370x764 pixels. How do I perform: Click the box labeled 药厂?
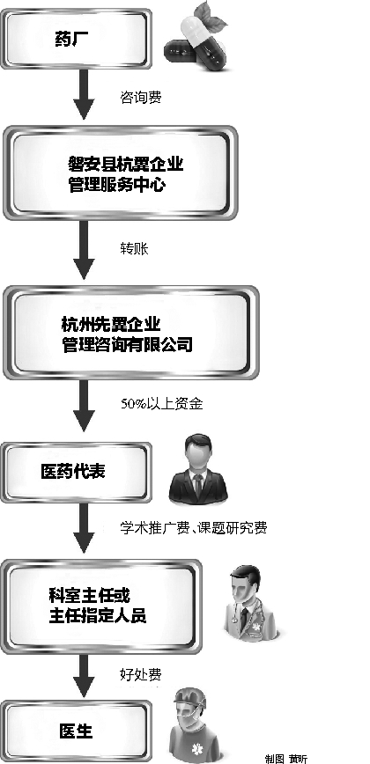(76, 39)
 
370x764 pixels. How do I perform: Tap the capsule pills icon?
(196, 40)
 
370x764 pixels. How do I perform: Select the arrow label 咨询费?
(141, 98)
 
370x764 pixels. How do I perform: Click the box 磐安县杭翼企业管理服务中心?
(120, 173)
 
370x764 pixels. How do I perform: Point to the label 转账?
(134, 248)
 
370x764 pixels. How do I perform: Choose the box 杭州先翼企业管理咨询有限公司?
(130, 333)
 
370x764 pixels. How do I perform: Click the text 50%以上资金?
(162, 404)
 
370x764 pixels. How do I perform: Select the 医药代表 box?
(76, 472)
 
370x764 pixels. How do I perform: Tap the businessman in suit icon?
(198, 469)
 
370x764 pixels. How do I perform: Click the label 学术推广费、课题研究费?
(194, 528)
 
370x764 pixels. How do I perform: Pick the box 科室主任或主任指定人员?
(101, 606)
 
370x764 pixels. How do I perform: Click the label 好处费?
(140, 675)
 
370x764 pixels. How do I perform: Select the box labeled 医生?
(76, 731)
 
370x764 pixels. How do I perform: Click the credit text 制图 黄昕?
(286, 759)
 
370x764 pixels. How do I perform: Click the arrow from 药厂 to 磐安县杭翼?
(84, 94)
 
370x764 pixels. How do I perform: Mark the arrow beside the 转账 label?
(84, 250)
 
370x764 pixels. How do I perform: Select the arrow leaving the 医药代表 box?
(84, 528)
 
